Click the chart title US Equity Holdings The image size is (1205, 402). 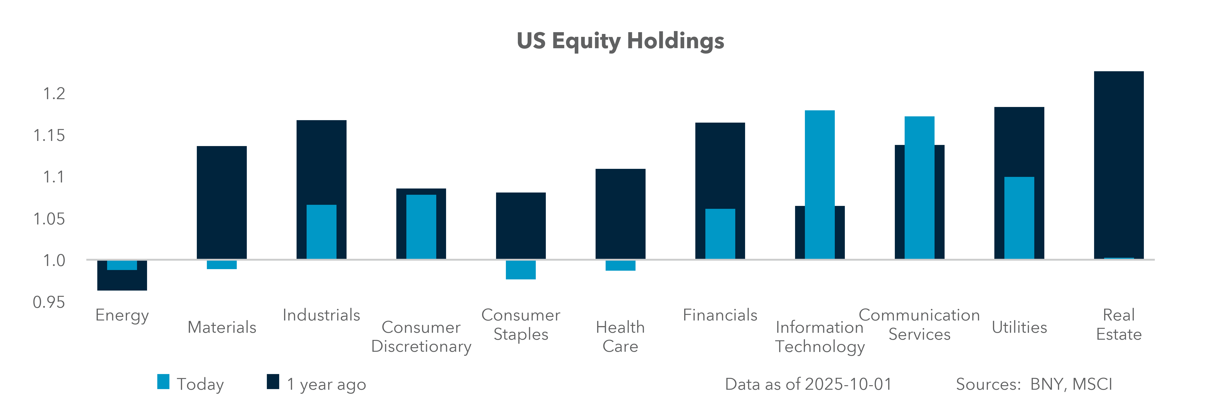(x=620, y=41)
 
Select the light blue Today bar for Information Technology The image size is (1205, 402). (x=820, y=184)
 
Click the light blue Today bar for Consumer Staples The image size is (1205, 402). (x=521, y=270)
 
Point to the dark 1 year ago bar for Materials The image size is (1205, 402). (x=222, y=202)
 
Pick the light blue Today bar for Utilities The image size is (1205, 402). (x=1019, y=218)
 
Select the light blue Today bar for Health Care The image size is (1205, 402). (x=620, y=265)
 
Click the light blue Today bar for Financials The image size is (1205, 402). (x=720, y=234)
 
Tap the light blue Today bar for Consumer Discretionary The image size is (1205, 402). (x=421, y=226)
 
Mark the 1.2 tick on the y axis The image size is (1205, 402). (x=54, y=94)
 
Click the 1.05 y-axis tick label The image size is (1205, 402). (x=49, y=219)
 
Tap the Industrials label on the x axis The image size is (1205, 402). (x=321, y=315)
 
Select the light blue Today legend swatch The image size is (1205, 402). (x=163, y=381)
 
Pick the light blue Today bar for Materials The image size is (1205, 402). (x=222, y=264)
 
